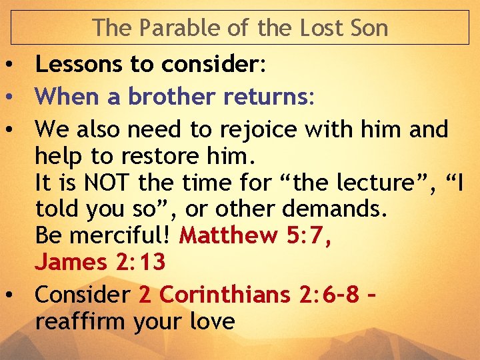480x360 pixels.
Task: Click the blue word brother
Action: point(171,97)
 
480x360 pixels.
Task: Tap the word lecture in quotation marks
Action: point(353,182)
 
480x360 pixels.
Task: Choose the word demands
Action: point(333,209)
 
